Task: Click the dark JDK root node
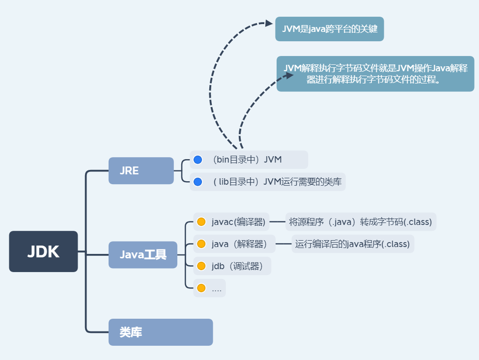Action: pos(43,251)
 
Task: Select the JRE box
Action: pos(141,170)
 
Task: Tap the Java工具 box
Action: pos(142,254)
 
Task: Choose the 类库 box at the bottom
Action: pos(160,332)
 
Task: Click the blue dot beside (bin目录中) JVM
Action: pos(198,160)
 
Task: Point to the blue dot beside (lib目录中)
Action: pos(198,182)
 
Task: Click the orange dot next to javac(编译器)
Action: pos(201,222)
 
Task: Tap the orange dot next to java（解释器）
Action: pos(201,244)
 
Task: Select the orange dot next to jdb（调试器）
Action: pos(201,266)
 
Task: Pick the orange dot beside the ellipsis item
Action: pos(201,288)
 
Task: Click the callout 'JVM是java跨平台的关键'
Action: pos(329,29)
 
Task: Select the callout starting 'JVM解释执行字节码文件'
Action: pos(375,74)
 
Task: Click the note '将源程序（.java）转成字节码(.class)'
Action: pos(361,222)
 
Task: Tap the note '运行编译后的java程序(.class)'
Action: pos(352,244)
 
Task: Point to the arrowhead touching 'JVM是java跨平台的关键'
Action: pos(268,23)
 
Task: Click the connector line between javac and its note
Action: pos(278,222)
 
